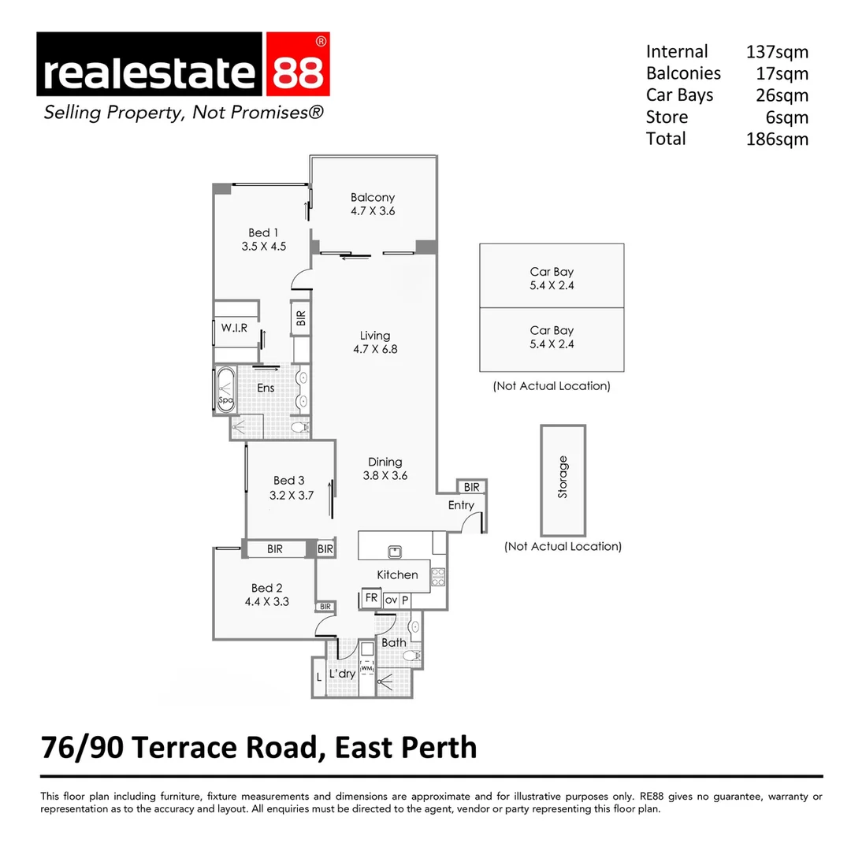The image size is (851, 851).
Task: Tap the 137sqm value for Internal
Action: click(777, 52)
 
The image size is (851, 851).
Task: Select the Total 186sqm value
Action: click(777, 139)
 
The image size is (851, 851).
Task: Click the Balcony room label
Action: click(373, 198)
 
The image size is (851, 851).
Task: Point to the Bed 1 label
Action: click(263, 232)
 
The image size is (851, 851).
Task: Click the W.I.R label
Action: click(234, 328)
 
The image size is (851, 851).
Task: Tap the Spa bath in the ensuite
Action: click(225, 389)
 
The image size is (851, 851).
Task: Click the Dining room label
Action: click(385, 462)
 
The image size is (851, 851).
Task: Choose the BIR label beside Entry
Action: click(471, 488)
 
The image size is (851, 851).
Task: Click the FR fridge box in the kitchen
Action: click(371, 599)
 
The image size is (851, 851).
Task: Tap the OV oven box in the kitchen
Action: click(391, 600)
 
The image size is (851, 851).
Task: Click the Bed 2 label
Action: click(266, 588)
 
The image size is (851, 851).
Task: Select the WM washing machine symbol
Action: click(367, 669)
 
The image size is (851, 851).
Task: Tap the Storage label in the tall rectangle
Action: click(563, 477)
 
